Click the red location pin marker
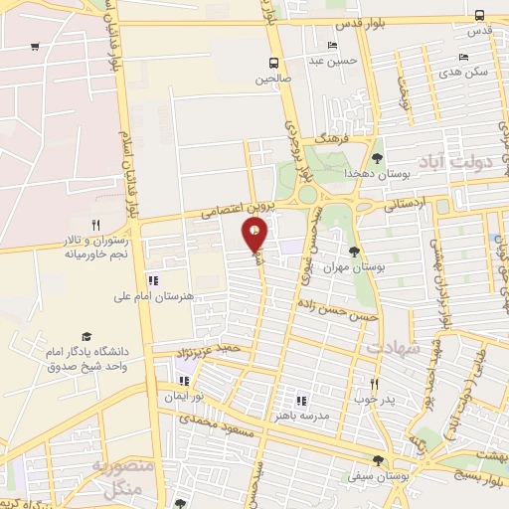point(255,234)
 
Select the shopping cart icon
point(36,47)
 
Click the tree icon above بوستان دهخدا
point(377,157)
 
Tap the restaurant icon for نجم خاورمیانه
point(95,225)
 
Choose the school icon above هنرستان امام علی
point(152,280)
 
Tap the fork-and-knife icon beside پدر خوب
point(375,384)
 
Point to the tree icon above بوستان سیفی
point(377,459)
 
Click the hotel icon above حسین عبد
point(332,46)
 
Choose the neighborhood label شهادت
point(386,348)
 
